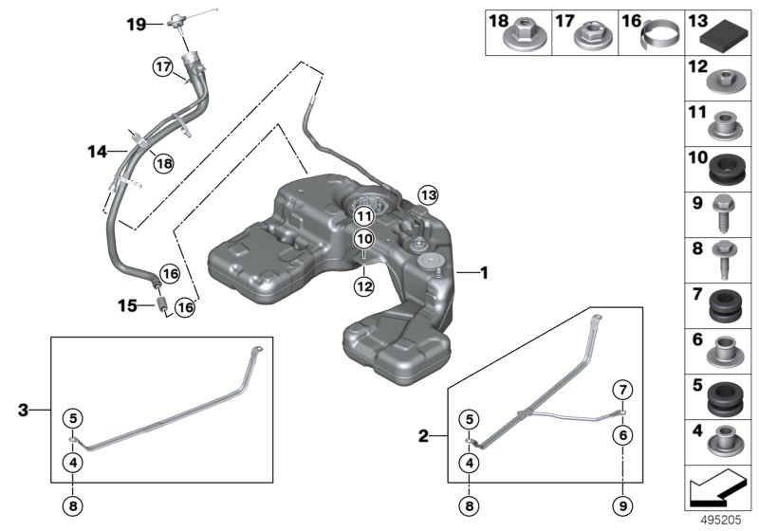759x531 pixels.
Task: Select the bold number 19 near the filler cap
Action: click(138, 25)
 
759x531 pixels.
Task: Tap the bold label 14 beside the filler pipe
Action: click(97, 150)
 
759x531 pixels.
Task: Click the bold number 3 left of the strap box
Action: click(24, 411)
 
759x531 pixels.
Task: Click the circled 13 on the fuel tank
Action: click(428, 196)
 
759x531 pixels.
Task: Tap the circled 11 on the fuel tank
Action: click(365, 216)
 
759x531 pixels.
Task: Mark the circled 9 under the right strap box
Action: click(622, 505)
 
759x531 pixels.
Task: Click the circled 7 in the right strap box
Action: click(622, 391)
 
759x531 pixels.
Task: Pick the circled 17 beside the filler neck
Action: click(163, 66)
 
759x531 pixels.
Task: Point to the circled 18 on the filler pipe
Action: click(164, 163)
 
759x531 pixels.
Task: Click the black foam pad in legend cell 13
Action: click(723, 41)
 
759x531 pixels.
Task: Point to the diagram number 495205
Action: click(727, 520)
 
